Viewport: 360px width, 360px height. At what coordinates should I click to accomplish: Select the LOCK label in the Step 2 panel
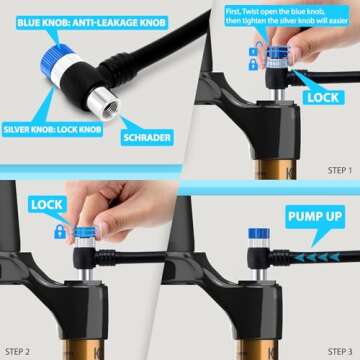pyautogui.click(x=46, y=204)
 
